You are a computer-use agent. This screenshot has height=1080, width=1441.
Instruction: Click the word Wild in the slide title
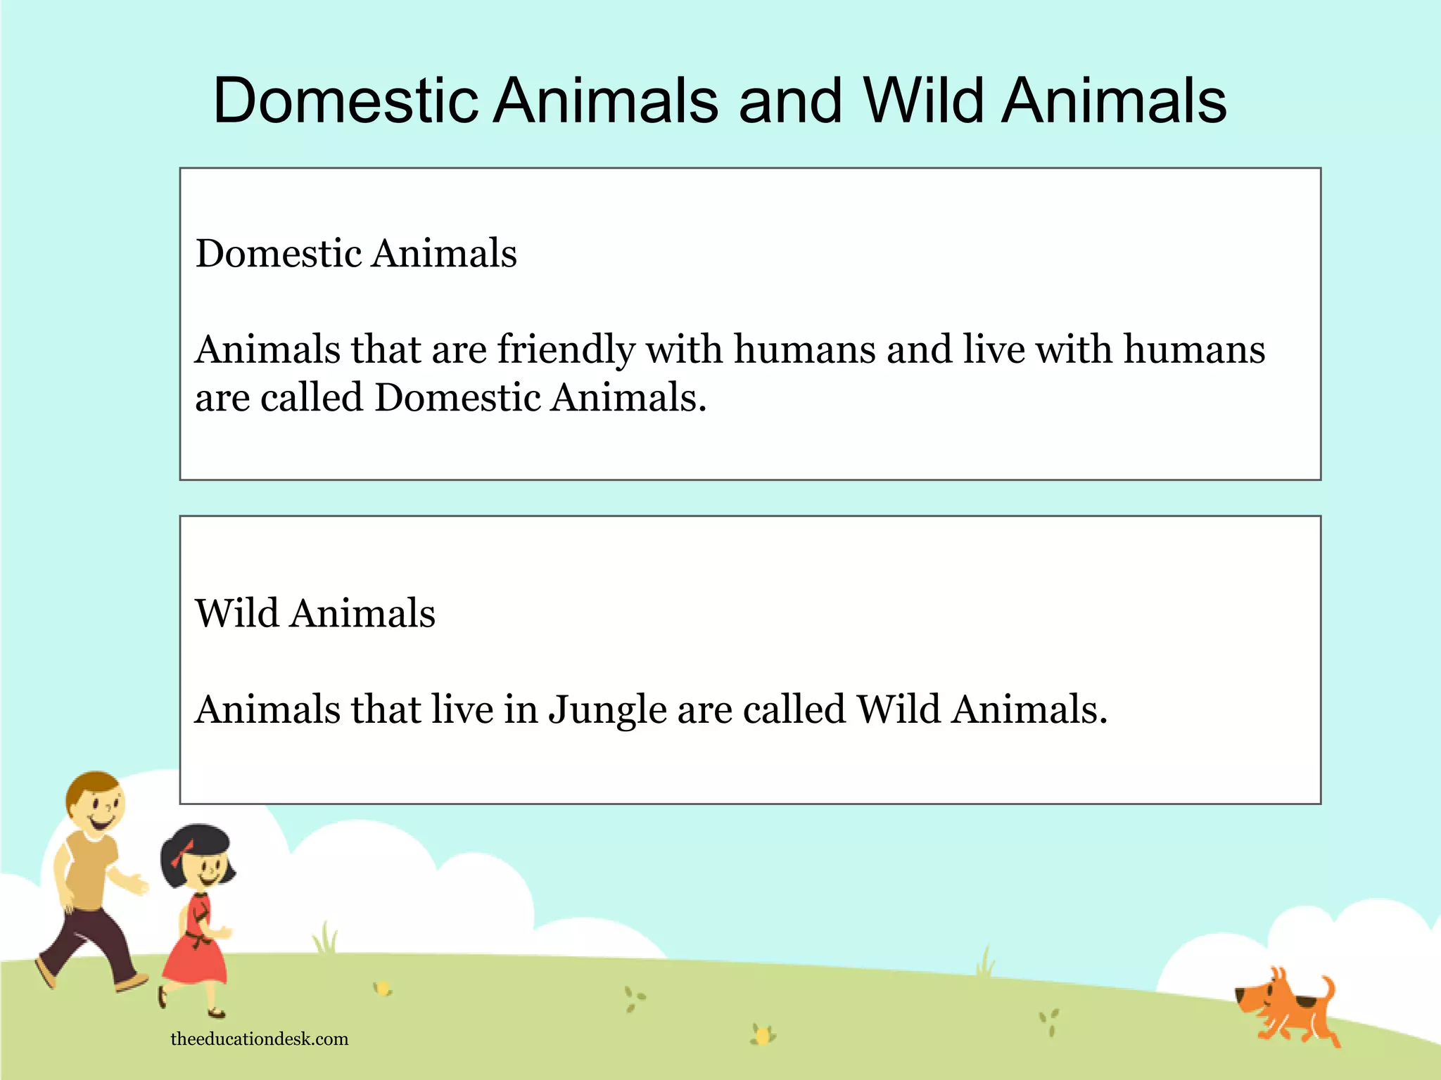pos(922,101)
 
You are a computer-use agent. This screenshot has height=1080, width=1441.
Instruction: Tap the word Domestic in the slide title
pos(345,101)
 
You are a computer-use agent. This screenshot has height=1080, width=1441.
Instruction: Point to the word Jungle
pos(607,710)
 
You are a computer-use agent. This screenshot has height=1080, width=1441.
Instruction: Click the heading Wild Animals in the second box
pos(315,613)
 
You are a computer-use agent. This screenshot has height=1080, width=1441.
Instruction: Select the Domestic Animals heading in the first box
pos(356,254)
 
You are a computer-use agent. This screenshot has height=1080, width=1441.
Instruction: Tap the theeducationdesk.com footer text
pos(260,1039)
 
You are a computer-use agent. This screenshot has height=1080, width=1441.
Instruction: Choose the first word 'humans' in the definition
pos(805,350)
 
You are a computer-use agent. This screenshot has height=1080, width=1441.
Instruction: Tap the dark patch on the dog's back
pos(1305,1001)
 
